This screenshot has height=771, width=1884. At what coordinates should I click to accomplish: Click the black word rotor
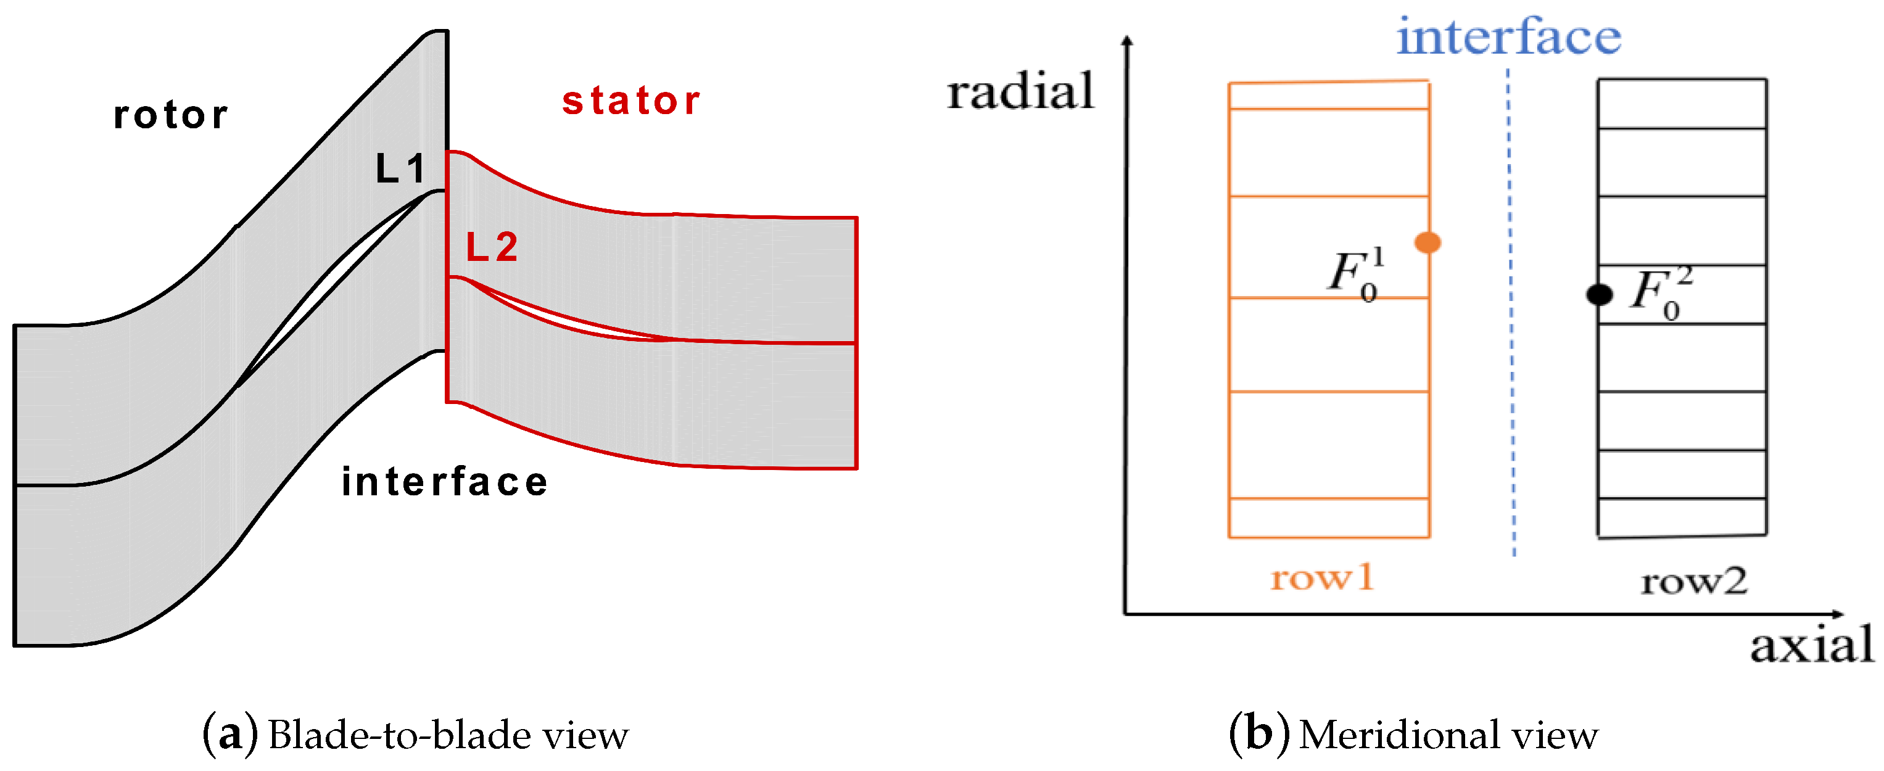click(x=170, y=115)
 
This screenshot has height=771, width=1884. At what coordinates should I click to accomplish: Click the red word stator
click(x=630, y=101)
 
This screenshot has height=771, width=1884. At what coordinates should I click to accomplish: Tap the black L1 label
click(x=400, y=169)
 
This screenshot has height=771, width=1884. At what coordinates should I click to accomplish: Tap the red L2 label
click(x=492, y=247)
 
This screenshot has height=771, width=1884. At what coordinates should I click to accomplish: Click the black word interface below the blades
click(x=445, y=482)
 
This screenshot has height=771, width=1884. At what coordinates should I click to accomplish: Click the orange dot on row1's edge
click(x=1427, y=242)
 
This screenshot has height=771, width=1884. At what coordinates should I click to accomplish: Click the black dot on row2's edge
click(x=1600, y=295)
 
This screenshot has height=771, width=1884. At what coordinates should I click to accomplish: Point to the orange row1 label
click(x=1322, y=578)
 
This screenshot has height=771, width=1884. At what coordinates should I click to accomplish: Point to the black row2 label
click(x=1694, y=582)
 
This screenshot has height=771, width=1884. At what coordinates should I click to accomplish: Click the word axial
click(x=1811, y=645)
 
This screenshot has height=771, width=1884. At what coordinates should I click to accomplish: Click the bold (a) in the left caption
click(x=229, y=735)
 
